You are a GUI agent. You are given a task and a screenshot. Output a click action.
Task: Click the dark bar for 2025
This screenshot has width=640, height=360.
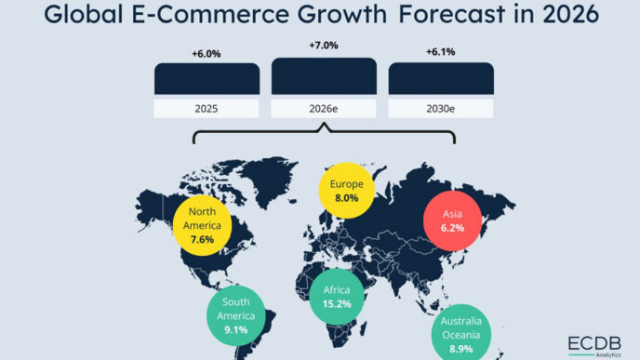[207, 78]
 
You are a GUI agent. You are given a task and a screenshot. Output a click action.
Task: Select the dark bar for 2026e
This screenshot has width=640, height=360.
[324, 74]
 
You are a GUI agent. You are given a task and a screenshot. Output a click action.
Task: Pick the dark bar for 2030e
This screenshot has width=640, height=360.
[441, 78]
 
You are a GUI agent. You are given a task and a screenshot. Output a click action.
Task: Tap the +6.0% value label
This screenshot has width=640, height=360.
[207, 54]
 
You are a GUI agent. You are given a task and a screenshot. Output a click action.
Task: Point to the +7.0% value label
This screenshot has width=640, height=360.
[324, 46]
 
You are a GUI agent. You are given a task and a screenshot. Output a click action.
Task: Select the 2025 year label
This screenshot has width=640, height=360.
[207, 108]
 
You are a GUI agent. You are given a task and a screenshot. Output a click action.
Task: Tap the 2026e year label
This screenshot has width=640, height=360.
[324, 108]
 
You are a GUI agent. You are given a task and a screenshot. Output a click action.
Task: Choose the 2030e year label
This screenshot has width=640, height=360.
[441, 108]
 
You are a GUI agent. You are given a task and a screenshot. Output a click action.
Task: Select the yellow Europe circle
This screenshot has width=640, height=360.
[346, 191]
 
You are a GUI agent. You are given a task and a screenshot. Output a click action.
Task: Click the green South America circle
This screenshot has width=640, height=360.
[235, 314]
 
